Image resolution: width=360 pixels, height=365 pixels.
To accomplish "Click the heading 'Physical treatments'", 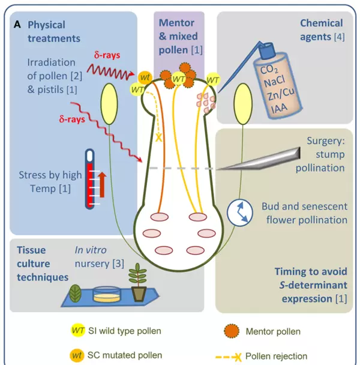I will coord(53,31).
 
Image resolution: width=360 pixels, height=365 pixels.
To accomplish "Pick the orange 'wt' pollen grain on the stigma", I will coord(145,77).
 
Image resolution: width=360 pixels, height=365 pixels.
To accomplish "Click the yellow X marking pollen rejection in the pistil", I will coord(159,137).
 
